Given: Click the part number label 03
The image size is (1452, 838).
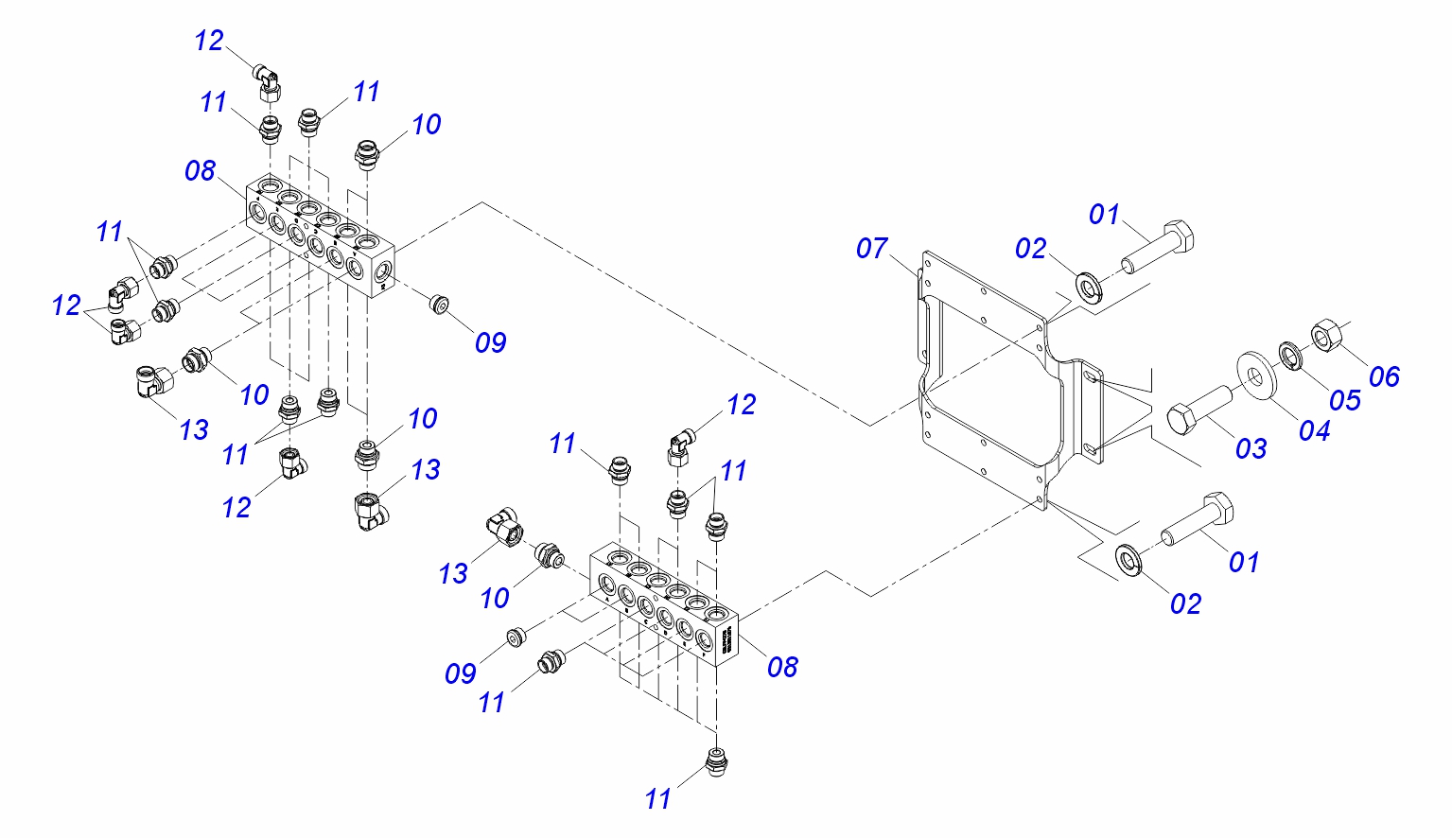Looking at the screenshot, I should click(1251, 447).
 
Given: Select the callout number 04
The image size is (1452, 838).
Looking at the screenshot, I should click(1314, 430).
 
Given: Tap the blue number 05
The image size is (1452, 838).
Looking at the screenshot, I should click(1344, 400).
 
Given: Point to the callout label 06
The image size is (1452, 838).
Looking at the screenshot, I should click(1383, 376).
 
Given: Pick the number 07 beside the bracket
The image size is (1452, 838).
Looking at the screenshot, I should click(872, 249).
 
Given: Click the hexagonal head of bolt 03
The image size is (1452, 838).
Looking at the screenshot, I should click(1183, 418).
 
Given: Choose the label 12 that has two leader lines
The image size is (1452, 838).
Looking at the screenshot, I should click(66, 306).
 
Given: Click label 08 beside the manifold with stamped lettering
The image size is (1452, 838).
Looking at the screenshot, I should click(782, 667).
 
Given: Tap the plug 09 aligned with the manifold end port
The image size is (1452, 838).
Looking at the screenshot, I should click(439, 305).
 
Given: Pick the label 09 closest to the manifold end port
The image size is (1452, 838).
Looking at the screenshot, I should click(490, 342).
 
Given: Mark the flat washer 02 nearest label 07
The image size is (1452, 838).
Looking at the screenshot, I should click(1088, 286).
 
